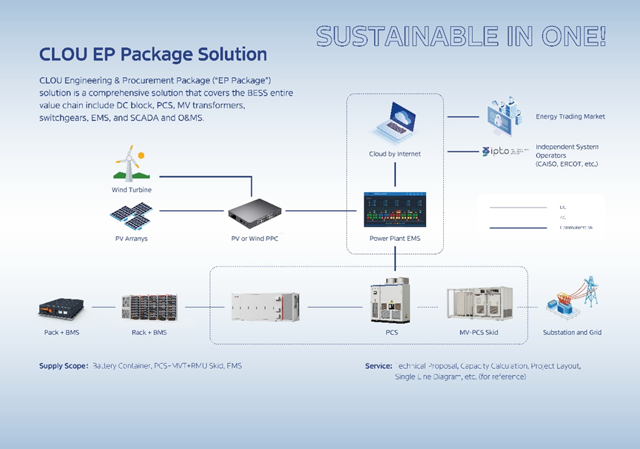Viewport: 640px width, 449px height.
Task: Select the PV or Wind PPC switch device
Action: click(255, 213)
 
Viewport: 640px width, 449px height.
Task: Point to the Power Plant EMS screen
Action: click(394, 210)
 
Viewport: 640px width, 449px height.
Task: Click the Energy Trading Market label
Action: click(570, 116)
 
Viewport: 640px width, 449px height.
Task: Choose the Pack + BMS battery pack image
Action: click(61, 307)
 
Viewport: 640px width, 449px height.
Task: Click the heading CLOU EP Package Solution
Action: click(153, 54)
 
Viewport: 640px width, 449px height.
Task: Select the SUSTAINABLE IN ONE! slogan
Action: click(461, 36)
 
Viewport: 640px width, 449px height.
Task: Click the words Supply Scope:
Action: click(64, 366)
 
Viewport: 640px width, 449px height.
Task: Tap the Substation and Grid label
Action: click(572, 333)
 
